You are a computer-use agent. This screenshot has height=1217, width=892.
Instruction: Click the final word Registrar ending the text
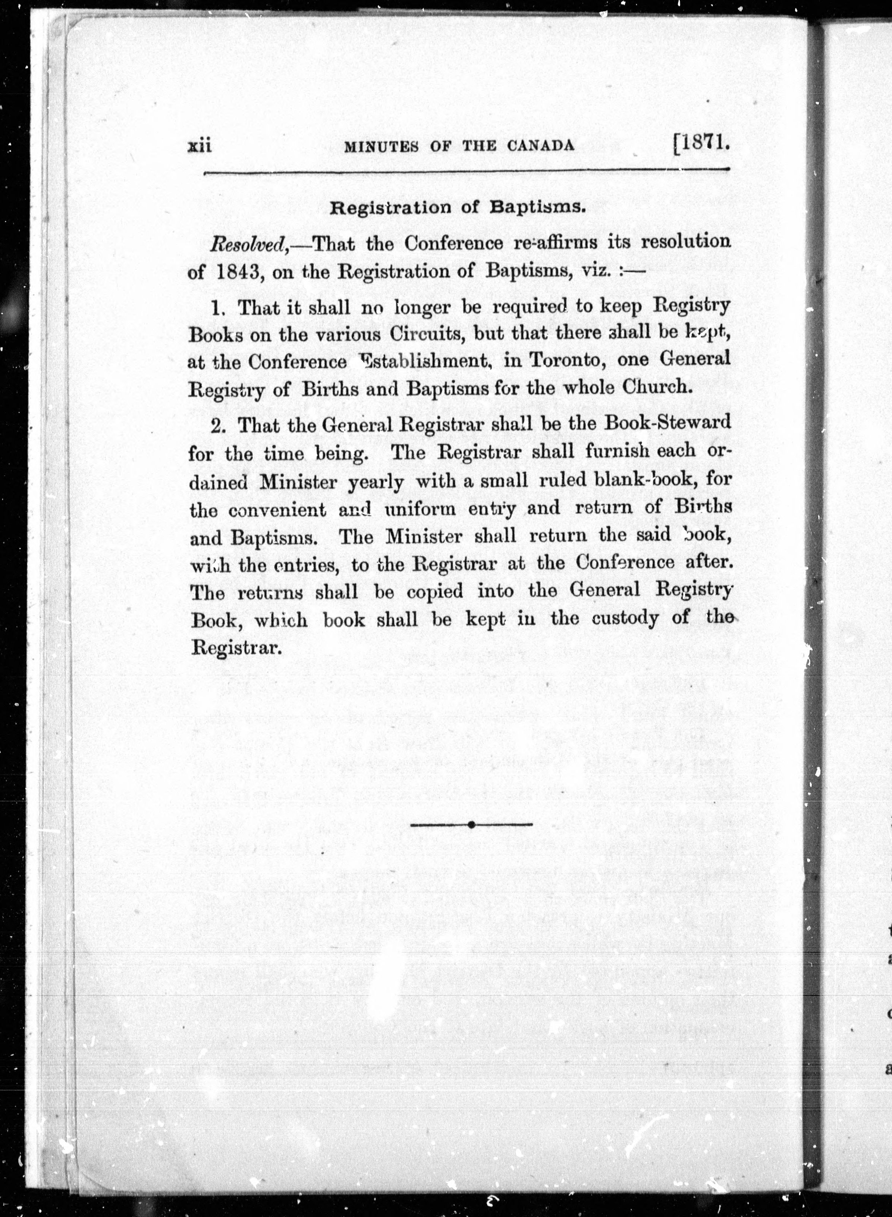click(x=237, y=647)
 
